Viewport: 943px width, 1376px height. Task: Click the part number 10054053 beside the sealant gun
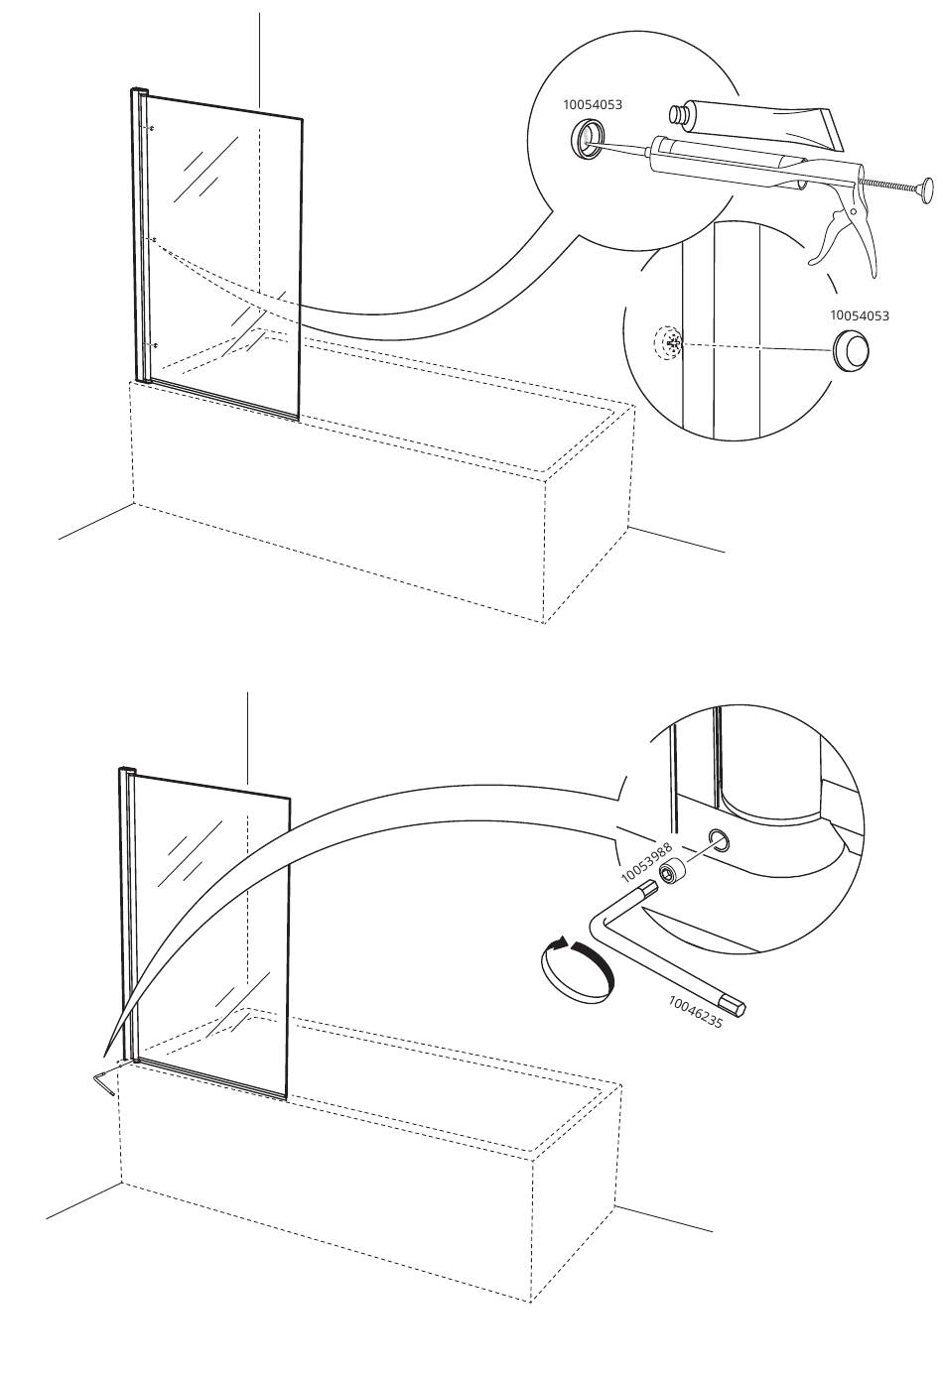pyautogui.click(x=592, y=104)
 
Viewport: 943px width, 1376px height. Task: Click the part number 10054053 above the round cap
pyautogui.click(x=860, y=315)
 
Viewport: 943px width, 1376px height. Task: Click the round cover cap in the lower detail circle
pyautogui.click(x=851, y=350)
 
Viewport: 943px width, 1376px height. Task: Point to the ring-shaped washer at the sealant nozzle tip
pyautogui.click(x=587, y=140)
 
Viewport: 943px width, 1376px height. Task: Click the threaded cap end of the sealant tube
pyautogui.click(x=678, y=115)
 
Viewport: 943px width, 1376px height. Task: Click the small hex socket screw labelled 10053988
pyautogui.click(x=671, y=872)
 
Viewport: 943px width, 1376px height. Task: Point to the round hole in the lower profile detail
pyautogui.click(x=720, y=838)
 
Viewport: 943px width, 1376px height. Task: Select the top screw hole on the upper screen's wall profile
pyautogui.click(x=150, y=128)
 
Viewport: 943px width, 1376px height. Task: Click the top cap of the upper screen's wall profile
pyautogui.click(x=140, y=91)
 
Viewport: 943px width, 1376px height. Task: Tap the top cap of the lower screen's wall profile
pyautogui.click(x=126, y=770)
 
